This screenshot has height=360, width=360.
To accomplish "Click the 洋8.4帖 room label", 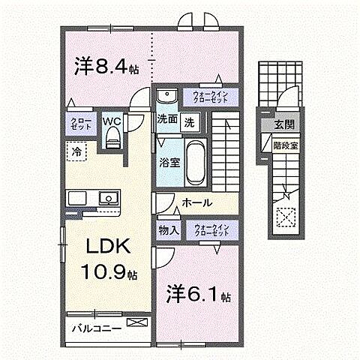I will pyautogui.click(x=105, y=66).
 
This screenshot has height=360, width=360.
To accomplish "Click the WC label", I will pyautogui.click(x=112, y=120).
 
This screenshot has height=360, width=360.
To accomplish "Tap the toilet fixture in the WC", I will pyautogui.click(x=113, y=136).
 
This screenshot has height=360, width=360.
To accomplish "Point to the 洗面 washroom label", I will pyautogui.click(x=166, y=120).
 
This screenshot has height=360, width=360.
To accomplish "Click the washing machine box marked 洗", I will pyautogui.click(x=190, y=120).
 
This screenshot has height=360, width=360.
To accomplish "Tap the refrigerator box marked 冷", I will pyautogui.click(x=77, y=151).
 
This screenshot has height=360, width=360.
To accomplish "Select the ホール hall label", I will pyautogui.click(x=196, y=203).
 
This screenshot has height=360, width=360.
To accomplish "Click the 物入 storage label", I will pyautogui.click(x=168, y=230).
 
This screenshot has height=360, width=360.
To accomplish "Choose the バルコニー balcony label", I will pyautogui.click(x=96, y=325).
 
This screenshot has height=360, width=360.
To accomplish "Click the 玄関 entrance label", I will pyautogui.click(x=283, y=124).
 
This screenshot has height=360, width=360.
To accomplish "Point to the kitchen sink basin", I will pyautogui.click(x=107, y=199).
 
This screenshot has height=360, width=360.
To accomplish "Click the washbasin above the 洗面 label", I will pyautogui.click(x=166, y=96).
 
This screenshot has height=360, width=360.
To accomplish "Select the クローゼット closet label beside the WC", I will pyautogui.click(x=81, y=124).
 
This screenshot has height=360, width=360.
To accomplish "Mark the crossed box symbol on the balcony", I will pyautogui.click(x=136, y=324).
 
